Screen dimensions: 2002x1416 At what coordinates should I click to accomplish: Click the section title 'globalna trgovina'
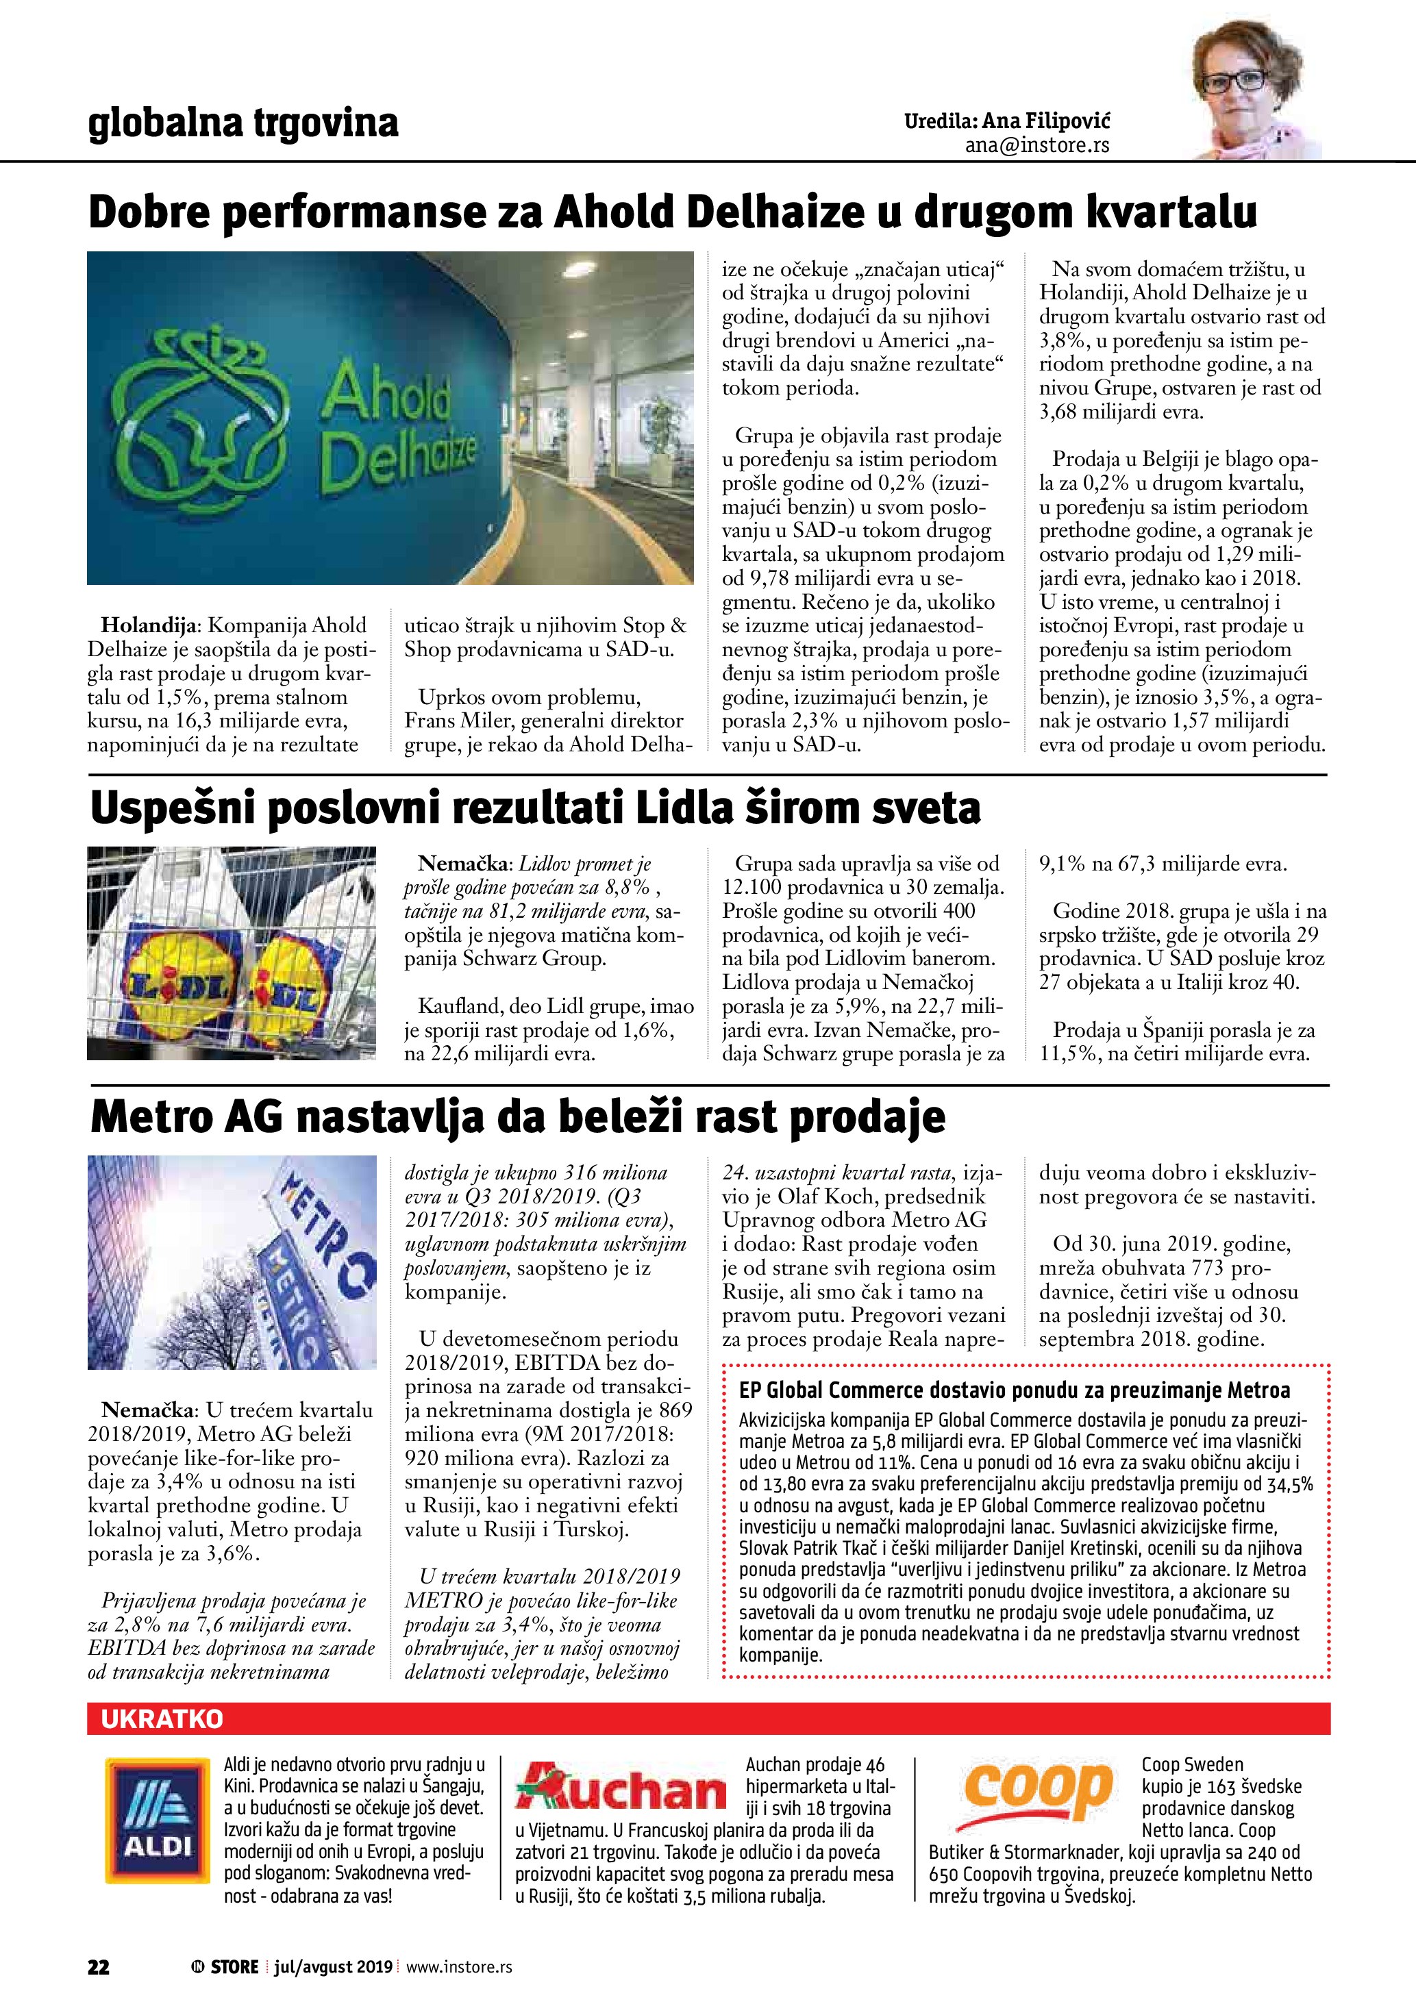coord(243,123)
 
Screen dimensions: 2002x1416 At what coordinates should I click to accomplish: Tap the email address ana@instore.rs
coord(1036,146)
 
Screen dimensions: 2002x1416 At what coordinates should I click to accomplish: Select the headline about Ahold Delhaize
coord(672,212)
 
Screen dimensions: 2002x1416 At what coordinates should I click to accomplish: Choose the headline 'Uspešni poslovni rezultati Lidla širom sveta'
coord(535,808)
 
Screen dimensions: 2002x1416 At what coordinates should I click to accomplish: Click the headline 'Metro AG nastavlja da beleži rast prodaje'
coord(518,1117)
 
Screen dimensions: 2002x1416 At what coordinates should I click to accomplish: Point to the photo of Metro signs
coord(232,1262)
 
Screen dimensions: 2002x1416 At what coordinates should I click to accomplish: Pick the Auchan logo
coord(620,1797)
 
